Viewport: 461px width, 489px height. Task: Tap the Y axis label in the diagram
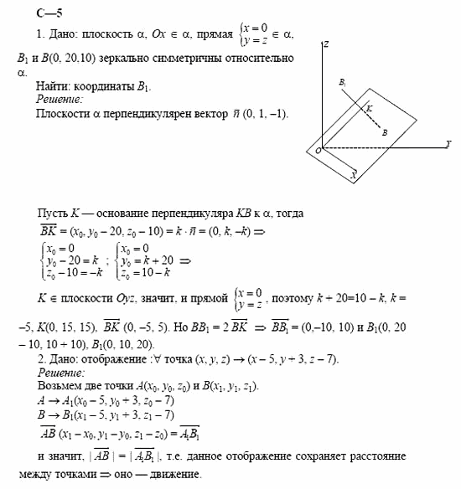(x=448, y=144)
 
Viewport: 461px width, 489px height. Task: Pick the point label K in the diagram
(x=369, y=107)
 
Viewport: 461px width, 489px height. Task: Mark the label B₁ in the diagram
(x=342, y=82)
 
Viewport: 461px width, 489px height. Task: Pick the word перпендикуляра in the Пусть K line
(x=179, y=214)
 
